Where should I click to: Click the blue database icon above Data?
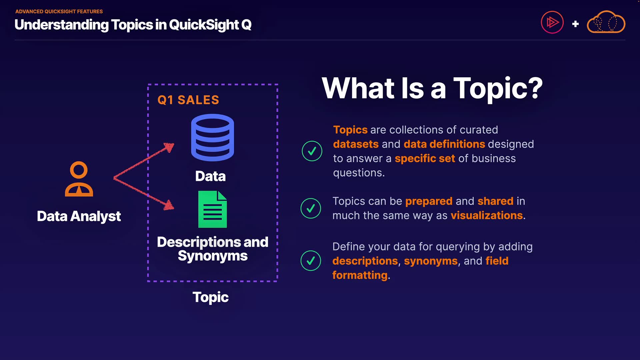(x=212, y=137)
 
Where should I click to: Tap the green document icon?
(x=212, y=209)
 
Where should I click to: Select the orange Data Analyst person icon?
(x=79, y=179)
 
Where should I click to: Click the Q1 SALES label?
(x=188, y=100)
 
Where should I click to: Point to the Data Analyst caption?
(x=79, y=216)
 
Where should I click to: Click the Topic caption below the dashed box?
(x=210, y=297)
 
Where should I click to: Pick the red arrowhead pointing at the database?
(x=170, y=147)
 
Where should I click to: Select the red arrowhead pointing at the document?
(x=169, y=205)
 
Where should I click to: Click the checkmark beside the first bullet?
(x=312, y=151)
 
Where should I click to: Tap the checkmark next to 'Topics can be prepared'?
(x=311, y=208)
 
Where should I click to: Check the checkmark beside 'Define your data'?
(x=311, y=261)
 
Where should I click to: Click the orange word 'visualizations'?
(x=487, y=216)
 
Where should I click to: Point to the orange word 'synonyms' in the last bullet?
(x=431, y=261)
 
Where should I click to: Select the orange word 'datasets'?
(x=356, y=144)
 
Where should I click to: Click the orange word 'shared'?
(x=495, y=201)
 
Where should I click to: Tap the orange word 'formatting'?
(x=360, y=275)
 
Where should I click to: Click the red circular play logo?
(x=552, y=23)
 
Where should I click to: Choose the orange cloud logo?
(x=606, y=22)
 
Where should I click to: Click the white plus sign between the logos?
(x=575, y=24)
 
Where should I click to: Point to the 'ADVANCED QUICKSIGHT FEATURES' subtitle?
(x=59, y=11)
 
